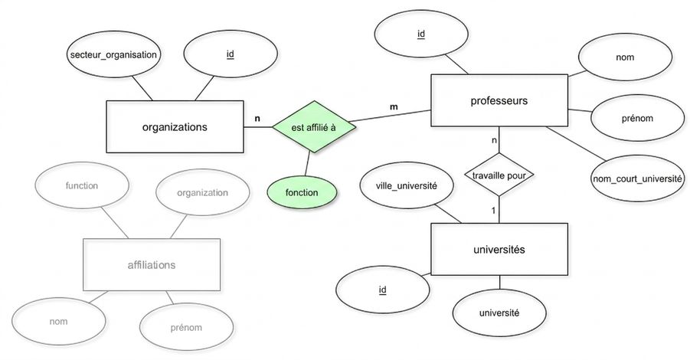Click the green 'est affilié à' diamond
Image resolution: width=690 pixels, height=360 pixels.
click(x=314, y=126)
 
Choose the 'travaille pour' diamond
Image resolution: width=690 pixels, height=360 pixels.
click(x=499, y=175)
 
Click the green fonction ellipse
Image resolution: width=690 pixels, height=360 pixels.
click(x=302, y=192)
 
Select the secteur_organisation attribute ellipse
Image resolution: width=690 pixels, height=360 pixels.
click(x=113, y=54)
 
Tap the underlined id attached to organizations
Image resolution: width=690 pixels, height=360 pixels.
click(x=231, y=54)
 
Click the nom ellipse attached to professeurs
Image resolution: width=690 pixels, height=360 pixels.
click(x=625, y=57)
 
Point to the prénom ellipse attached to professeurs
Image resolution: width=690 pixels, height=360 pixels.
click(x=637, y=118)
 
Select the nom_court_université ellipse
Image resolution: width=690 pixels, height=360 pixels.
click(x=638, y=178)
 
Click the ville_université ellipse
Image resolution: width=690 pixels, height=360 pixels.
click(x=407, y=185)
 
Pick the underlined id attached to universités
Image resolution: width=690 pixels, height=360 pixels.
click(x=382, y=290)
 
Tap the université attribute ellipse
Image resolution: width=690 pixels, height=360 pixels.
click(x=499, y=313)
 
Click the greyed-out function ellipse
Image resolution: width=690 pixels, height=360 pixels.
click(x=82, y=185)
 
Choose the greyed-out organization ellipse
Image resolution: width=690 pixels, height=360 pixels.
click(x=202, y=192)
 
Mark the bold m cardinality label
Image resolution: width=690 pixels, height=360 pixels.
click(x=394, y=106)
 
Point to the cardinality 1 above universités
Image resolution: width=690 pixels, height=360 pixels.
click(x=493, y=211)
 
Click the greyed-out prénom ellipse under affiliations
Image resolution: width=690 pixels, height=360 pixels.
click(x=186, y=327)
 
